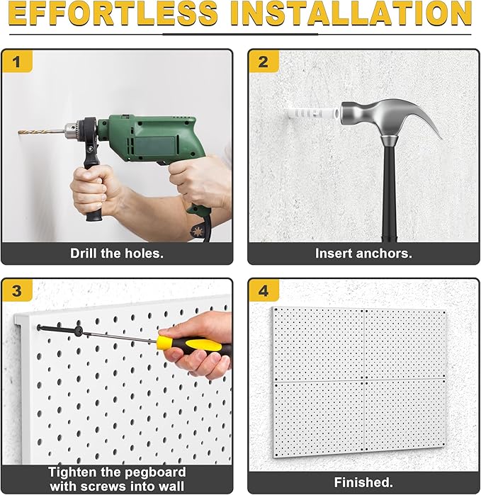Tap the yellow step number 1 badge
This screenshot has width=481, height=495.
pos(17,62)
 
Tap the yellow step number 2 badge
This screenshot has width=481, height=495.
pos(263,62)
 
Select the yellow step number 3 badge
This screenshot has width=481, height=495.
pos(17,291)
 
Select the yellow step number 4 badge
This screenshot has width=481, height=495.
pos(263,291)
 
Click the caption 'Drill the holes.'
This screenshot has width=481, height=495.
pos(116,253)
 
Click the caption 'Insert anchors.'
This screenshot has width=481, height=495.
pos(363,253)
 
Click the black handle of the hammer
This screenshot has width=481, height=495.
pos(390,191)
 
